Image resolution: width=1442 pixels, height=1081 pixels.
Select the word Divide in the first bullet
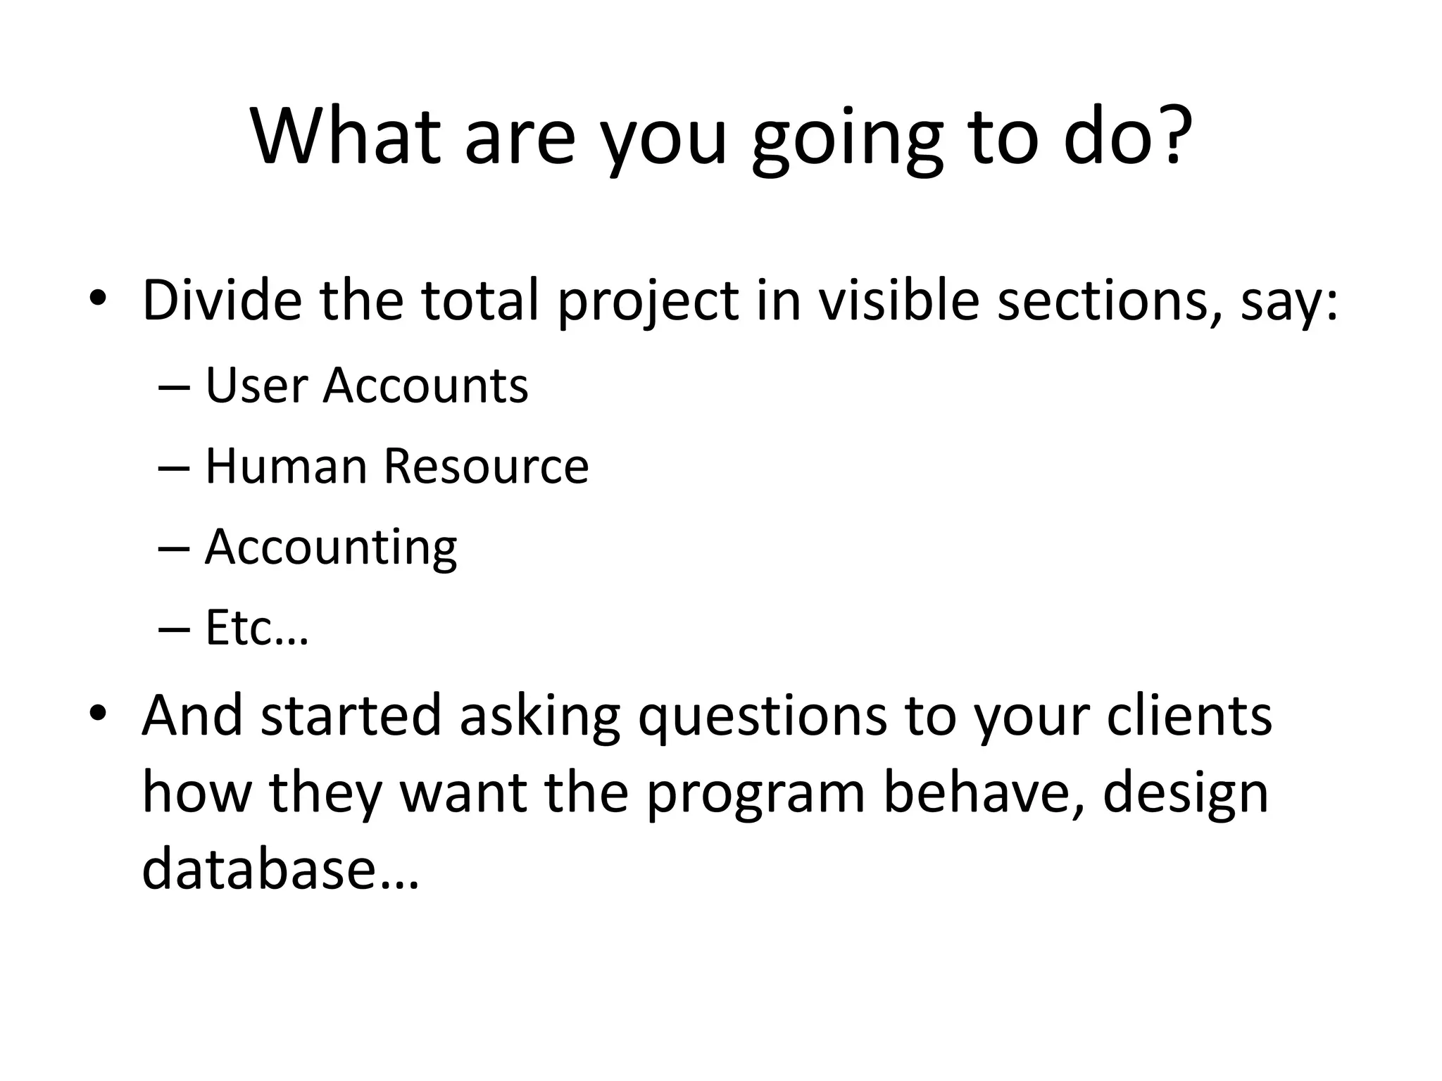(222, 301)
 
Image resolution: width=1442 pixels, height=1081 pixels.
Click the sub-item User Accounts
(366, 386)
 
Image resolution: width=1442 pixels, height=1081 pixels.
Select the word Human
(286, 466)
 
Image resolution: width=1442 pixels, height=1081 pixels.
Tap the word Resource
(486, 466)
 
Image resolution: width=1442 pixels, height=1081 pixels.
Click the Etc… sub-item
(257, 628)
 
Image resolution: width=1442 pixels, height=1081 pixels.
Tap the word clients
(1189, 714)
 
